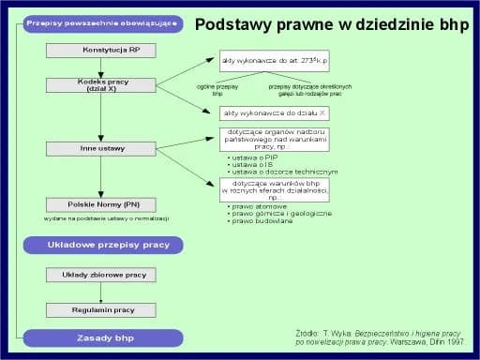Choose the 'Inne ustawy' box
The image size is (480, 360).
point(100,148)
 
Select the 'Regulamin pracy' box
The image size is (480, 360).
point(103,309)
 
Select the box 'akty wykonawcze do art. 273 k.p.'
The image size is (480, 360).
point(274,61)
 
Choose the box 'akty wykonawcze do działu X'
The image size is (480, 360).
point(274,112)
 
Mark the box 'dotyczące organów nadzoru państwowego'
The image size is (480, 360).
point(274,140)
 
